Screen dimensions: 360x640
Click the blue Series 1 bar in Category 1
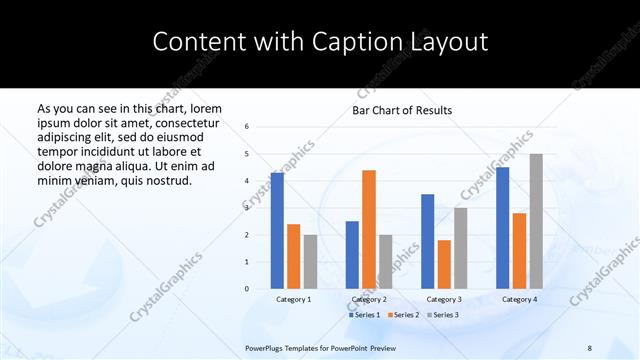277,231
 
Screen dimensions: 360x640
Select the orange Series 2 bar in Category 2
369,229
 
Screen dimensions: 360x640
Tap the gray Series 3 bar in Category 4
536,221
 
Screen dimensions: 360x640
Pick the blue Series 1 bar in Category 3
428,241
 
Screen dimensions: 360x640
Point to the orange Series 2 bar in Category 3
444,264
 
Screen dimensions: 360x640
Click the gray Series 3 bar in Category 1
310,262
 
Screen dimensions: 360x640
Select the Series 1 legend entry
365,315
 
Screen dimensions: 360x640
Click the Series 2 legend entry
402,315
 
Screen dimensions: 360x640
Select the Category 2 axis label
369,299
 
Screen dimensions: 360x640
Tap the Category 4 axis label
519,299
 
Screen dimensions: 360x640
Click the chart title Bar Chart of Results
402,110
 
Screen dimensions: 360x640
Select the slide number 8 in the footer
590,348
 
